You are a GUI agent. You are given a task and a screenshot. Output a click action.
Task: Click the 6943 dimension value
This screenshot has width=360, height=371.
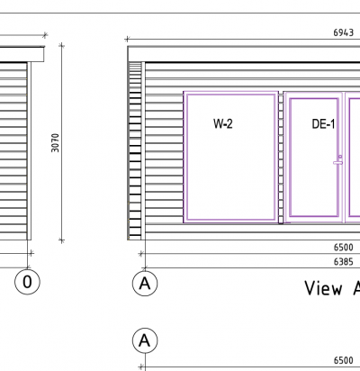click(x=344, y=32)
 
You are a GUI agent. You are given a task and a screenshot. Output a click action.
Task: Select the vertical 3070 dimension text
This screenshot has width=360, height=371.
click(x=55, y=143)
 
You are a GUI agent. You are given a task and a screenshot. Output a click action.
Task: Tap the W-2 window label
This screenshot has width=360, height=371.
click(x=223, y=123)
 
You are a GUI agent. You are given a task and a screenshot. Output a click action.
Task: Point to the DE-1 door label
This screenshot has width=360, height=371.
click(x=323, y=124)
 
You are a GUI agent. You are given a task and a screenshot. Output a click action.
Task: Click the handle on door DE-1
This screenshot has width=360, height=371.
click(x=337, y=163)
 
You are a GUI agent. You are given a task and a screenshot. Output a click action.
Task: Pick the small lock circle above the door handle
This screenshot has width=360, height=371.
click(x=340, y=157)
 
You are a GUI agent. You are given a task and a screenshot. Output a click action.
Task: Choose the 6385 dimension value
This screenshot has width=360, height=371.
click(x=344, y=262)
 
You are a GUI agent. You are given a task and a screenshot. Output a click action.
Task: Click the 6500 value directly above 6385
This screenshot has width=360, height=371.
click(x=344, y=248)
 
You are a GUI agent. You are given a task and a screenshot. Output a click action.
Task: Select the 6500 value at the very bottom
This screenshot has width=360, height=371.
click(x=344, y=360)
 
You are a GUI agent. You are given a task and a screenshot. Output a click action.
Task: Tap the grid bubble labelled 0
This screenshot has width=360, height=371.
click(x=27, y=282)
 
